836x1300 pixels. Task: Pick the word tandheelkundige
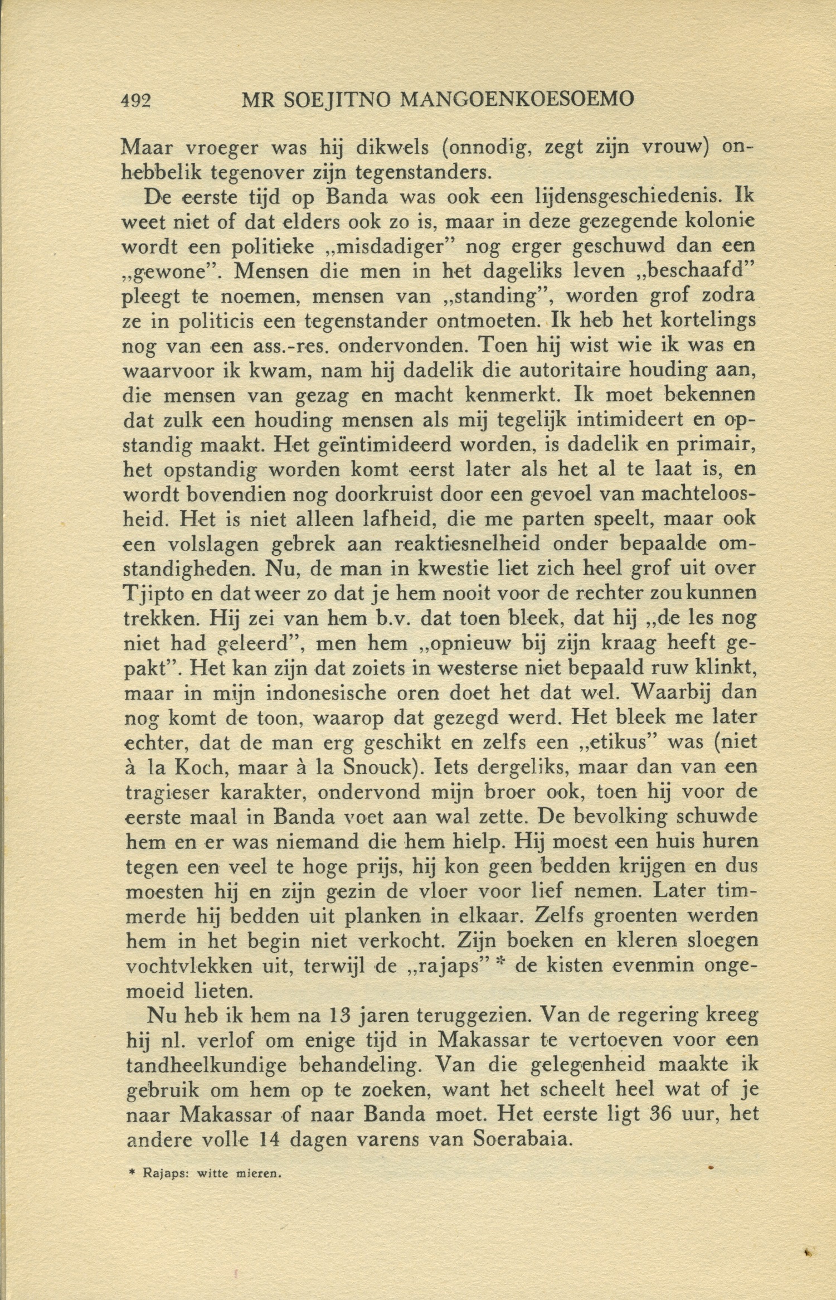click(206, 1065)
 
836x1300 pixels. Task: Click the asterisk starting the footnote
click(132, 1172)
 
